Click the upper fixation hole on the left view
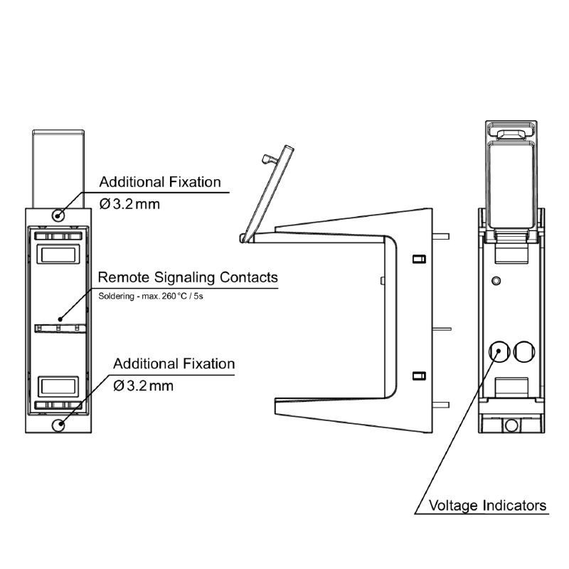tap(59, 214)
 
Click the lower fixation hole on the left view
tap(59, 425)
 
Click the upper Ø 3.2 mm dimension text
tap(130, 204)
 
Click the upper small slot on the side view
tap(419, 257)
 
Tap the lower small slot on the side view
tap(419, 375)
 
